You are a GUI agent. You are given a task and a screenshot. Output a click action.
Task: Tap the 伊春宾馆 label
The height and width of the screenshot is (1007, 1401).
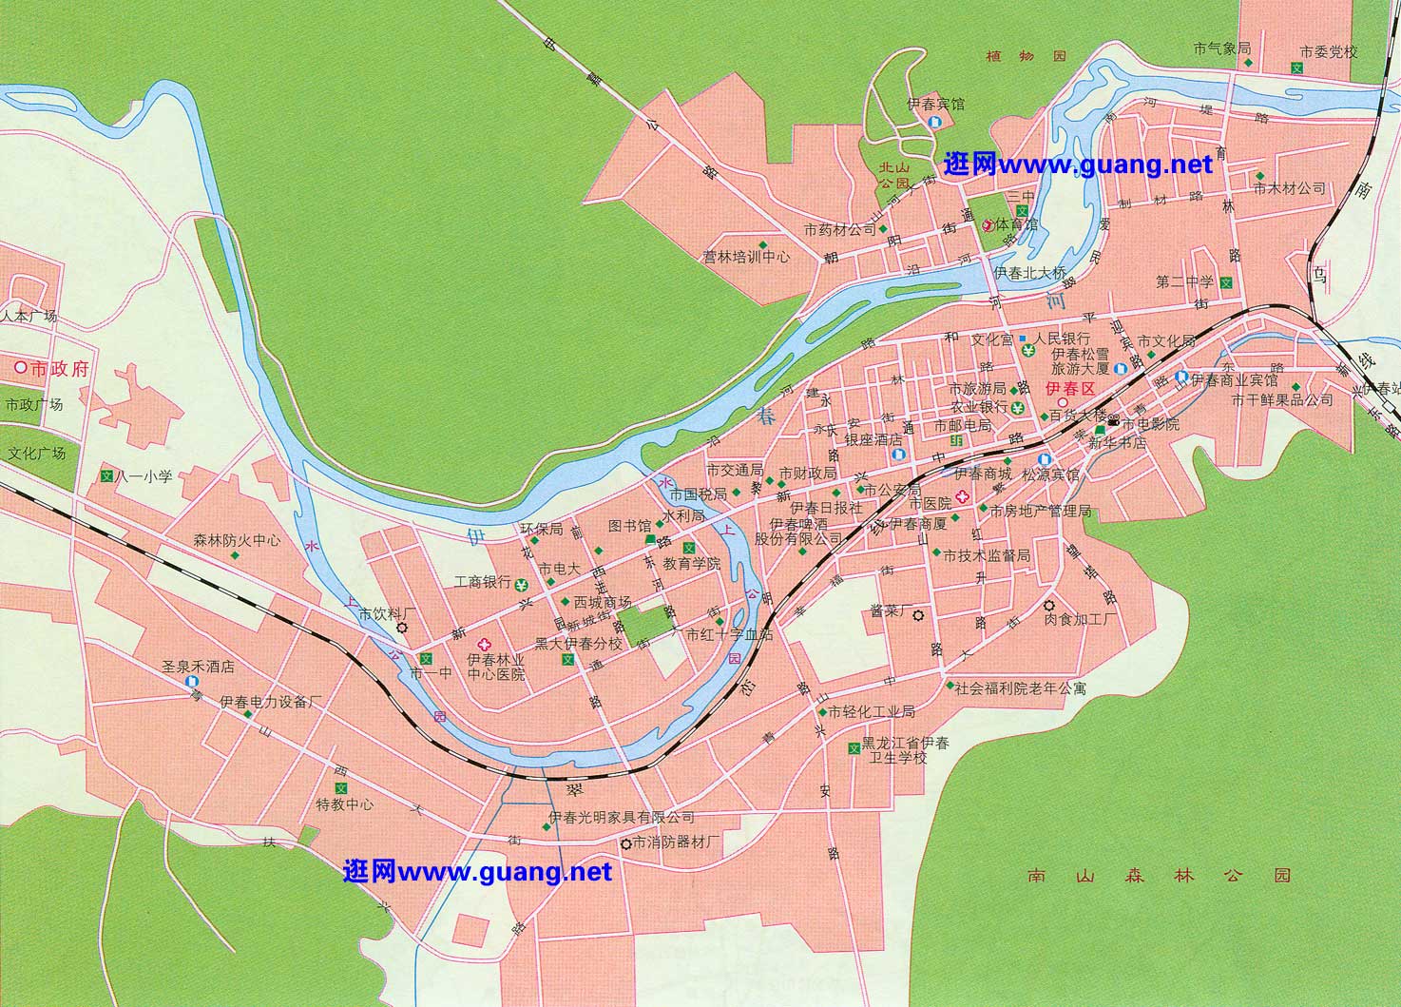[935, 104]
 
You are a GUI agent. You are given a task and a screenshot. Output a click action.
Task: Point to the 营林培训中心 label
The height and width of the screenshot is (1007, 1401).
[746, 257]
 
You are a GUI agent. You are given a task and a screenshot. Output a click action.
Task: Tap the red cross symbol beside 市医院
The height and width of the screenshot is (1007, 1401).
[963, 496]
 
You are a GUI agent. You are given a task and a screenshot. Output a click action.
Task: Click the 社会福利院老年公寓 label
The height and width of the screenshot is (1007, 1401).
[1020, 687]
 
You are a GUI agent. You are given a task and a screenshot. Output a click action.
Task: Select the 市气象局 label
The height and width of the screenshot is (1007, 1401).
[1222, 48]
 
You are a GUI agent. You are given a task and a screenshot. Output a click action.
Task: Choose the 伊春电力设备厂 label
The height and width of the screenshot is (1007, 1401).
[272, 702]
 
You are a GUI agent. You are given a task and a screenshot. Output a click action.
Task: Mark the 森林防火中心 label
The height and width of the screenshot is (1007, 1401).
[237, 540]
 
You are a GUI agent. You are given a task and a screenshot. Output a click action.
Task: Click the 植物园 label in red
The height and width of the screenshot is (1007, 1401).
[1027, 57]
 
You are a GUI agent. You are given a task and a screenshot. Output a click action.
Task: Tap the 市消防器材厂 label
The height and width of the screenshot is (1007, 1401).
[678, 842]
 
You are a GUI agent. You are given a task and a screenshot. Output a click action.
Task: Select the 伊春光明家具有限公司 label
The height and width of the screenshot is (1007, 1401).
[622, 817]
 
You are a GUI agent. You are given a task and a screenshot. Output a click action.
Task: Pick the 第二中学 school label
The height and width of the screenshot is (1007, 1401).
[1185, 282]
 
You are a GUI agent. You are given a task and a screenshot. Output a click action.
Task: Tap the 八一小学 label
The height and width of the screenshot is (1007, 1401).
[144, 475]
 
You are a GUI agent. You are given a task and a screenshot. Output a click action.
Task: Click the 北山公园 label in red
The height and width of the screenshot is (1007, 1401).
[893, 174]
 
